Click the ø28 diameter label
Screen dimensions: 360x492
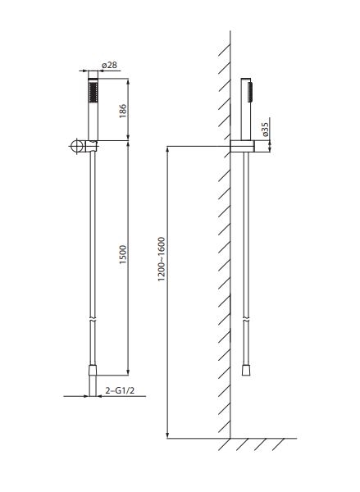click(110, 65)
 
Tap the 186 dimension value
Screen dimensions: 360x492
click(123, 111)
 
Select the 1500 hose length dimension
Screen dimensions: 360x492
click(123, 254)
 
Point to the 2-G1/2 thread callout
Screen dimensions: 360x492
click(120, 390)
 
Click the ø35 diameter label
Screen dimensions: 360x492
click(265, 130)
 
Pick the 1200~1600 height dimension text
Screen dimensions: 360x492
click(162, 259)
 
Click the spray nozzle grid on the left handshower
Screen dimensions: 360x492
click(93, 93)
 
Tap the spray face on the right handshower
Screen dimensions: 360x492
click(250, 92)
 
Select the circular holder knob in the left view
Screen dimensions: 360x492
click(76, 146)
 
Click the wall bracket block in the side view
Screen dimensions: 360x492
click(242, 146)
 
